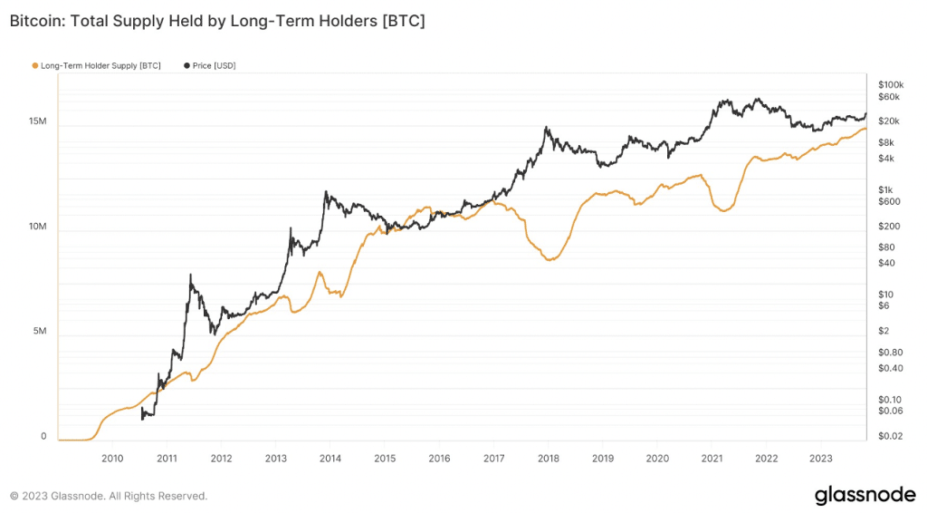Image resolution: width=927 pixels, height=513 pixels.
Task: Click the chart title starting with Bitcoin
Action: point(217,21)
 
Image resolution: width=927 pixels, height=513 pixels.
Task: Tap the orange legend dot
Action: point(35,66)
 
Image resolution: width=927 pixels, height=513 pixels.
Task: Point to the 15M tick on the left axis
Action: point(37,122)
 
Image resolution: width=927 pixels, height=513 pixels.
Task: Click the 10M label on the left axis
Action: point(37,227)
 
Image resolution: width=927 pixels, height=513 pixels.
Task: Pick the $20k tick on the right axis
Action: point(889,121)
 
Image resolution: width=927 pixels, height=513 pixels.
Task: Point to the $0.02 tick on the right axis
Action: point(890,437)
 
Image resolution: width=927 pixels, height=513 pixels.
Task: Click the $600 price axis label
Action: point(888,201)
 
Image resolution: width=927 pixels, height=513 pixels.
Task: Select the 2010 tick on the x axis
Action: point(112,459)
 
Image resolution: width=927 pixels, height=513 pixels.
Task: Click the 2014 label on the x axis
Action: point(330,459)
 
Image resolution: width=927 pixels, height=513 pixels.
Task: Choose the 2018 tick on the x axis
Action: point(549,459)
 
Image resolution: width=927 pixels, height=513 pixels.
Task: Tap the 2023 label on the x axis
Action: point(820,459)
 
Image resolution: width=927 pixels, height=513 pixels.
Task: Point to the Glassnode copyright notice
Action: point(109,496)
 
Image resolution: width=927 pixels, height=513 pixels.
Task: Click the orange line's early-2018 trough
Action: point(550,259)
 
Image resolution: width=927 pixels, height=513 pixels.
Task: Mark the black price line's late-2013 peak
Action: point(325,192)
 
